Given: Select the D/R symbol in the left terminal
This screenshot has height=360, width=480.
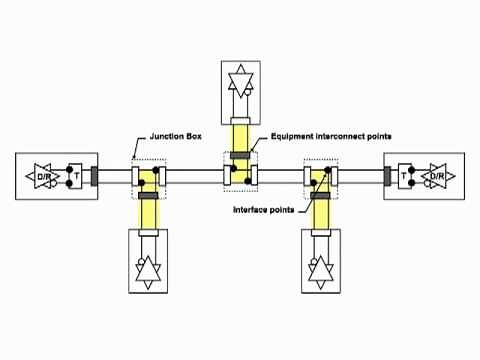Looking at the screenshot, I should point(44,176).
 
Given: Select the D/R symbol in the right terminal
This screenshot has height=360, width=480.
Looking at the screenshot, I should point(435,176).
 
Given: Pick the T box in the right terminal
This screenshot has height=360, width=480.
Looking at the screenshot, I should point(405,176).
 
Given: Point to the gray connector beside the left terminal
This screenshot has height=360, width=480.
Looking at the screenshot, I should point(95,176).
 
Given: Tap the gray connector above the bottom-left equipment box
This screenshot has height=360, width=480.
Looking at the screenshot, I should point(149,198).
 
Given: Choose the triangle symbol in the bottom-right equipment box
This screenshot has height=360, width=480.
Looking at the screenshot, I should point(320,268).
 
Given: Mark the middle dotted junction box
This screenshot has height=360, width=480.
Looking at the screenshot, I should point(240,176).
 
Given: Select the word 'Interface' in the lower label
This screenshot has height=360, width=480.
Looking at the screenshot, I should point(250,211).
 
